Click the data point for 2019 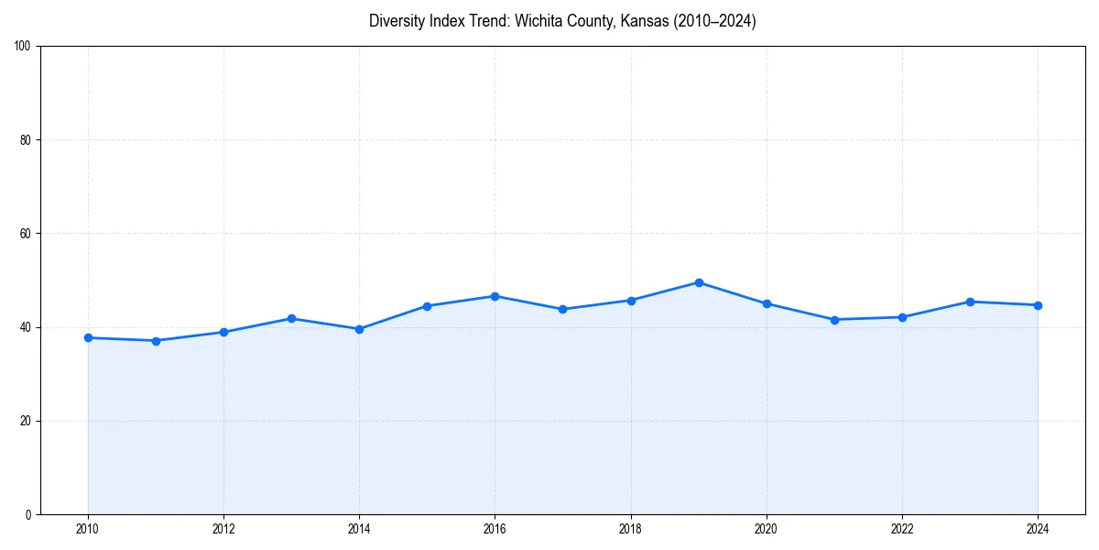tap(699, 282)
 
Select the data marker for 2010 tap(88, 337)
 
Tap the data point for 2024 tap(1038, 305)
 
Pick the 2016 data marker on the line tap(495, 296)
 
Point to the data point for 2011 tap(156, 341)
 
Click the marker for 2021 tap(834, 320)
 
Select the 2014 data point tap(359, 329)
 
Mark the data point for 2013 tap(291, 318)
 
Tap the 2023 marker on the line tap(970, 302)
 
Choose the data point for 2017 tap(562, 309)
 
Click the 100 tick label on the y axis tap(24, 46)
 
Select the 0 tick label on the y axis tap(29, 514)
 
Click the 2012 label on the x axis tap(223, 529)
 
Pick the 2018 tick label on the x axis tap(630, 529)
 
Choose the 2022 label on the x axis tap(902, 529)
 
